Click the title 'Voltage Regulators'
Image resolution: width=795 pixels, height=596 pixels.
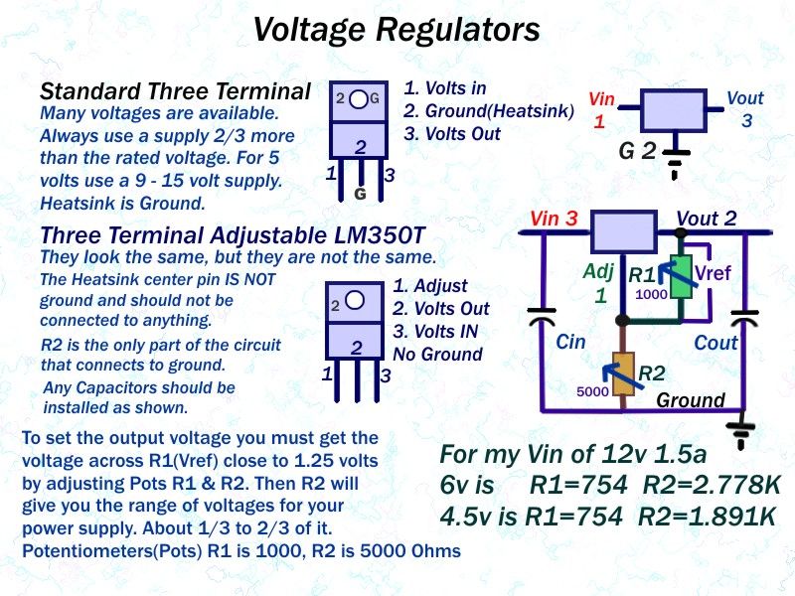pos(397,30)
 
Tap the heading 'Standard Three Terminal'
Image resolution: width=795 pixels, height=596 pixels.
pos(175,92)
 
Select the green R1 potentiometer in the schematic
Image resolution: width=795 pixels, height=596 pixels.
pos(681,275)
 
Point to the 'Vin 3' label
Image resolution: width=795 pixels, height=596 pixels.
pos(554,219)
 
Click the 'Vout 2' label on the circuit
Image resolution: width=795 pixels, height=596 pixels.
pos(707,219)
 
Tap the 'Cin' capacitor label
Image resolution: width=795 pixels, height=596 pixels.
pos(570,342)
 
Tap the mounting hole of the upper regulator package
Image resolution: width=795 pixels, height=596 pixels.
pos(356,99)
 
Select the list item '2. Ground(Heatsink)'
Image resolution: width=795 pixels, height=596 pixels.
pos(489,111)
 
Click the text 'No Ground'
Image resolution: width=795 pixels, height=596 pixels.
pos(437,354)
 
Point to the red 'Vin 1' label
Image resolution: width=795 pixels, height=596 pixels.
pos(602,110)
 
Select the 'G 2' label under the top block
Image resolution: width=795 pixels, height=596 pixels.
pos(637,152)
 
